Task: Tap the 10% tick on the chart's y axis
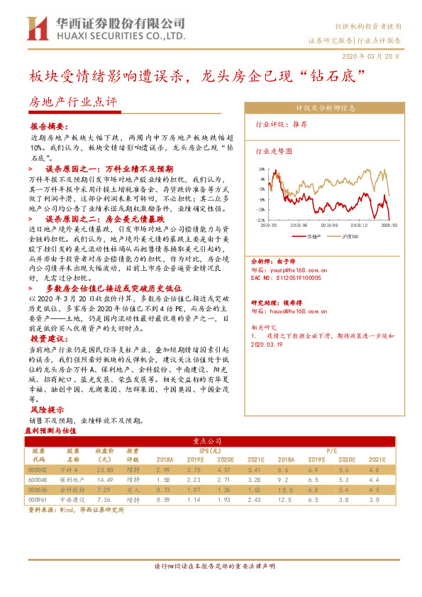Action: point(262,169)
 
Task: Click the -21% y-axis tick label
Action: point(261,220)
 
